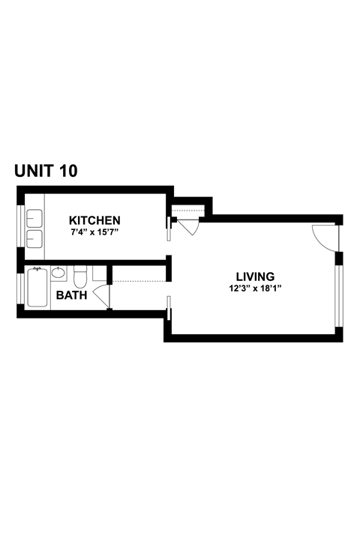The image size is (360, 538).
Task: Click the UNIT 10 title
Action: point(45,172)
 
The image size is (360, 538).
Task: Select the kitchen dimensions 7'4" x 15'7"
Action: point(94,233)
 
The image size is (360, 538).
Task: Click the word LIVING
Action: point(255,276)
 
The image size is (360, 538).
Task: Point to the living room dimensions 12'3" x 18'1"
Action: point(255,288)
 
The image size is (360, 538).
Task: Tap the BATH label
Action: point(71,295)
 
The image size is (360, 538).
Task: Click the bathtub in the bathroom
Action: point(37,289)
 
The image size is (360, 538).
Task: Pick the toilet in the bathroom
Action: point(81,274)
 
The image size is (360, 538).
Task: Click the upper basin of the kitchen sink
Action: point(34,219)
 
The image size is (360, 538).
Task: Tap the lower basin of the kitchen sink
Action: point(34,239)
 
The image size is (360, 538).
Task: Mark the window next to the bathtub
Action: point(20,288)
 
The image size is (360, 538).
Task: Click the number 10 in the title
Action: point(66,172)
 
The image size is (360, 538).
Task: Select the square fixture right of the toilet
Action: point(100,273)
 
